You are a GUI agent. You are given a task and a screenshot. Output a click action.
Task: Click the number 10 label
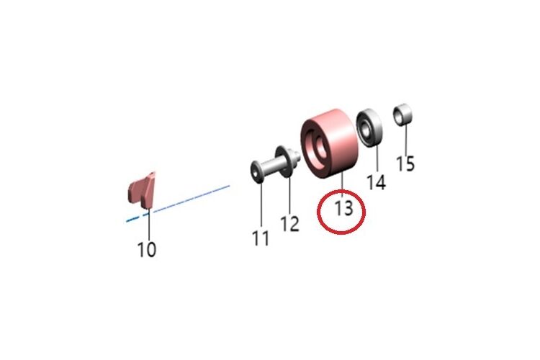pyautogui.click(x=147, y=249)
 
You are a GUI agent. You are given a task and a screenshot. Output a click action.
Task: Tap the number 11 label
pyautogui.click(x=261, y=238)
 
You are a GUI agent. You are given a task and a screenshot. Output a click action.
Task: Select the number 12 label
pyautogui.click(x=289, y=224)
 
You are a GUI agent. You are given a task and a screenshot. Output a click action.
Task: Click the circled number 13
pyautogui.click(x=344, y=209)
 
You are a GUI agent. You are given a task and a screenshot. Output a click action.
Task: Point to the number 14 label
pyautogui.click(x=376, y=181)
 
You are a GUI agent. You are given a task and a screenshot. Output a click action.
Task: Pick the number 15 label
pyautogui.click(x=405, y=163)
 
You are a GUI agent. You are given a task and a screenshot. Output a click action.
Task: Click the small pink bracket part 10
pyautogui.click(x=142, y=190)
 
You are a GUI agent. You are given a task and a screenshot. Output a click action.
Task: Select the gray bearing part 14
pyautogui.click(x=369, y=128)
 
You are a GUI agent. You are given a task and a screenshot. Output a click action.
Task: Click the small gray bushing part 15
pyautogui.click(x=402, y=114)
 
